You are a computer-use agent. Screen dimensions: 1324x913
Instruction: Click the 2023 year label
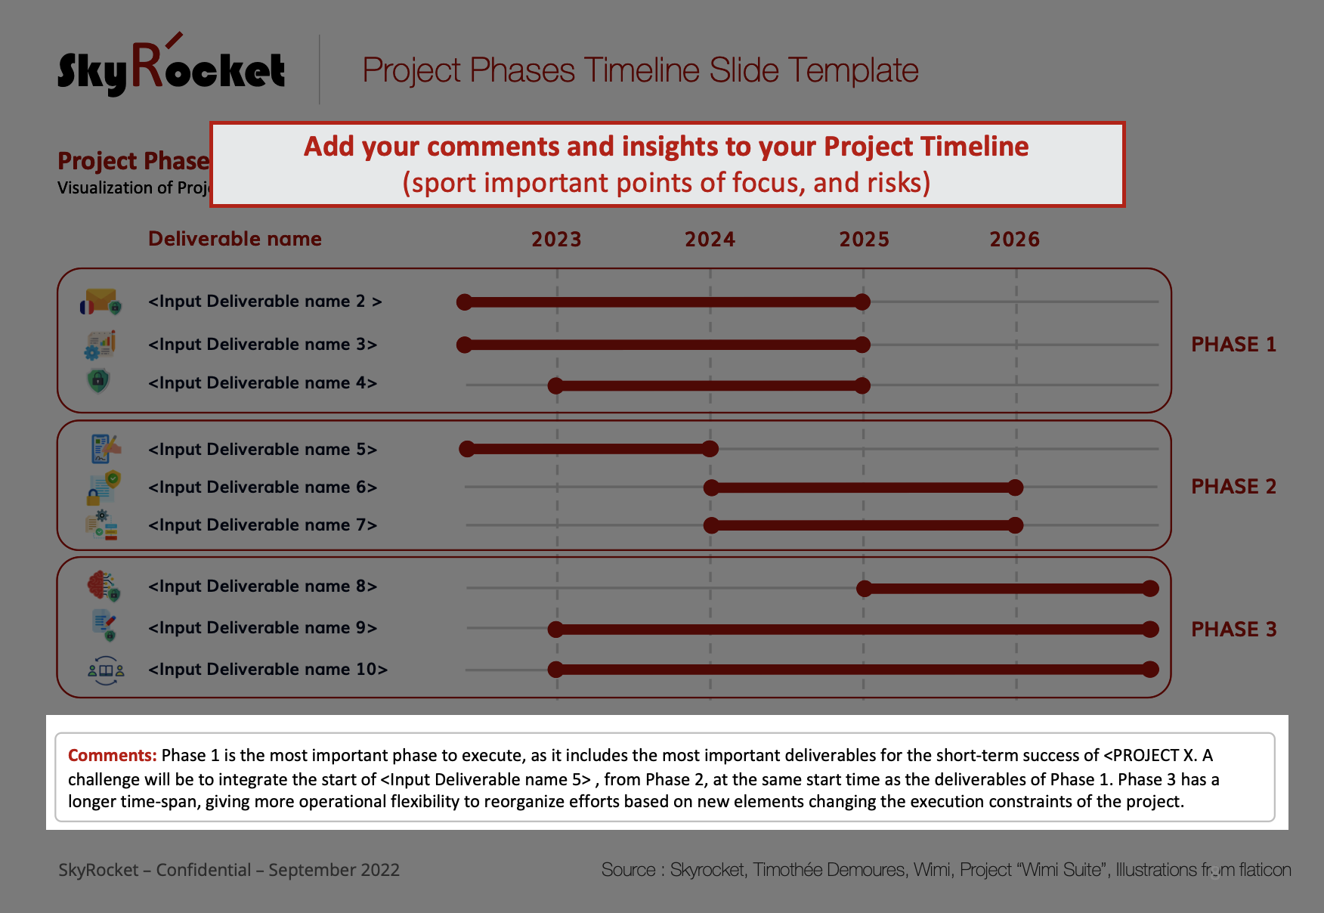(556, 240)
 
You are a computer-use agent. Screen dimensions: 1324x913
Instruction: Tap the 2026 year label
(1015, 240)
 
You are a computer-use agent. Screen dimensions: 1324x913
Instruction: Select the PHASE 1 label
(1233, 345)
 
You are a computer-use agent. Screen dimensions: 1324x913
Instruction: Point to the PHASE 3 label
(1233, 630)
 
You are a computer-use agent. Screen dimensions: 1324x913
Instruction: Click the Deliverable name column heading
(235, 239)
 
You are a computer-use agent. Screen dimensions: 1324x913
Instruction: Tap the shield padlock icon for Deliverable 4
(99, 380)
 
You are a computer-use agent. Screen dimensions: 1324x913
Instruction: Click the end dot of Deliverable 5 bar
(710, 449)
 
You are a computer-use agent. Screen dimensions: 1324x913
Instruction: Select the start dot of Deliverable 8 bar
(865, 589)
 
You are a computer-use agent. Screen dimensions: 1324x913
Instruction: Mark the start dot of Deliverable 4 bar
(556, 386)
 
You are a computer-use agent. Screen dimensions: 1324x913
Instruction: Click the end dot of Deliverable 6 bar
(1016, 487)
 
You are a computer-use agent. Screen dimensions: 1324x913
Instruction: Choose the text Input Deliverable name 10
(268, 670)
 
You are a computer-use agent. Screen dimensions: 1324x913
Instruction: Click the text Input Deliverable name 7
(262, 525)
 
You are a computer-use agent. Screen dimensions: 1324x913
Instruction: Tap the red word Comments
(112, 755)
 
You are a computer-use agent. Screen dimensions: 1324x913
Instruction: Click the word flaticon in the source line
(1265, 870)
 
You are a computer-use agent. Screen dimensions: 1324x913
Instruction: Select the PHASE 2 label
(1233, 487)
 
